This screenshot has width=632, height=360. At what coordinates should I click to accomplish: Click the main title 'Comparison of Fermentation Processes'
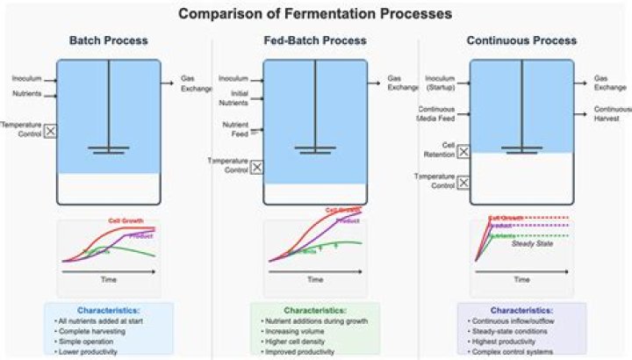click(315, 14)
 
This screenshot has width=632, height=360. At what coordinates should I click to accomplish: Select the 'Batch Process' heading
click(109, 41)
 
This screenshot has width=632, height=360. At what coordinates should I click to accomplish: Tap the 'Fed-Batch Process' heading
click(315, 41)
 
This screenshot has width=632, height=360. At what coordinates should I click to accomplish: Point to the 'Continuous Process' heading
click(522, 41)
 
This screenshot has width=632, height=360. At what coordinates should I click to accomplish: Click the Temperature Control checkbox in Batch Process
click(50, 131)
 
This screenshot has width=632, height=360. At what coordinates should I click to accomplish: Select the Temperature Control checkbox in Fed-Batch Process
click(256, 166)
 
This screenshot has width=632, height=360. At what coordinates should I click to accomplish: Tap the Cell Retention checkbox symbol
click(463, 152)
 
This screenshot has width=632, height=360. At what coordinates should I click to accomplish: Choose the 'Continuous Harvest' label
click(612, 113)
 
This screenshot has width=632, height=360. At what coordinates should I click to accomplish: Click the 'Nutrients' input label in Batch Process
click(26, 94)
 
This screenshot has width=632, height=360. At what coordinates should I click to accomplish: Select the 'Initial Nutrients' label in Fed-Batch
click(233, 97)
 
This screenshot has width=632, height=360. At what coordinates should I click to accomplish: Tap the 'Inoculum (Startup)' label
click(440, 83)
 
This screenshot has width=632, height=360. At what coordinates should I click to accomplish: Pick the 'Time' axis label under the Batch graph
click(109, 280)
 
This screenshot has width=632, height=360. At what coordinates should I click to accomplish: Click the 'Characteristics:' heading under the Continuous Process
click(521, 311)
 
